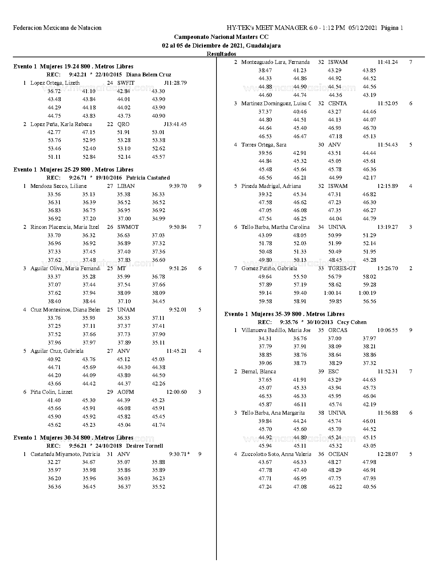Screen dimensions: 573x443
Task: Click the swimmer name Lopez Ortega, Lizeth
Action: pos(55,83)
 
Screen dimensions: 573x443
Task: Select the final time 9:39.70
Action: pos(178,186)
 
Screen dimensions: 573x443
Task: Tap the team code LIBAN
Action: pos(126,186)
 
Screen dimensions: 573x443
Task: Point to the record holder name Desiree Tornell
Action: pos(144,446)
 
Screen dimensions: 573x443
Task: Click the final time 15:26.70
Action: pos(387,268)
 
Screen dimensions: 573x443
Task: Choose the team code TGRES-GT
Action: pos(342,268)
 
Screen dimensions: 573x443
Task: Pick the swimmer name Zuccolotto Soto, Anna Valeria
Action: pos(276,454)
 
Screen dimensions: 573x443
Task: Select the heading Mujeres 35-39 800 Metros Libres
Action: pos(284,314)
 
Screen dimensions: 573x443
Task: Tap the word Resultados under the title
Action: pos(221,54)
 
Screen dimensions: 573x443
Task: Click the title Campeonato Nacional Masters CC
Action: pos(221,37)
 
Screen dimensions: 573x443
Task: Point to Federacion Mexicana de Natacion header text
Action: pos(57,28)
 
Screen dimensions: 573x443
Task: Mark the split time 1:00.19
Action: pos(367,293)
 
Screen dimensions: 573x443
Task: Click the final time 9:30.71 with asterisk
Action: pos(179,454)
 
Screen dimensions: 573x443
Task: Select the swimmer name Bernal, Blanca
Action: pos(259,372)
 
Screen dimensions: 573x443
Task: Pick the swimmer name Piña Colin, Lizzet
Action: pos(51,392)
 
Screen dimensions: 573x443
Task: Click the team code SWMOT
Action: pos(128,227)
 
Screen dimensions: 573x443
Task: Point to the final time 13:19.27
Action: pos(388,227)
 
